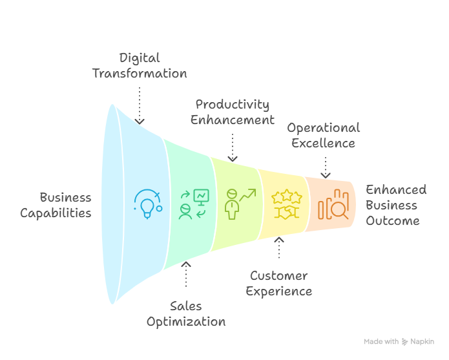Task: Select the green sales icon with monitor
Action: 193,203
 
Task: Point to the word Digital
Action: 139,58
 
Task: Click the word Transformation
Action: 140,73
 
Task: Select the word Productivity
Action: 233,105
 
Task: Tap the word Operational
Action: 323,127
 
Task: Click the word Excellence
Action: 323,142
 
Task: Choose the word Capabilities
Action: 56,213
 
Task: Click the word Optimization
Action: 186,321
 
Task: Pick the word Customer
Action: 279,276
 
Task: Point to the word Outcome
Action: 393,220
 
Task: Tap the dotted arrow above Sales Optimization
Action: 186,274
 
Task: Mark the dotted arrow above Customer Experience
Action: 279,248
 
